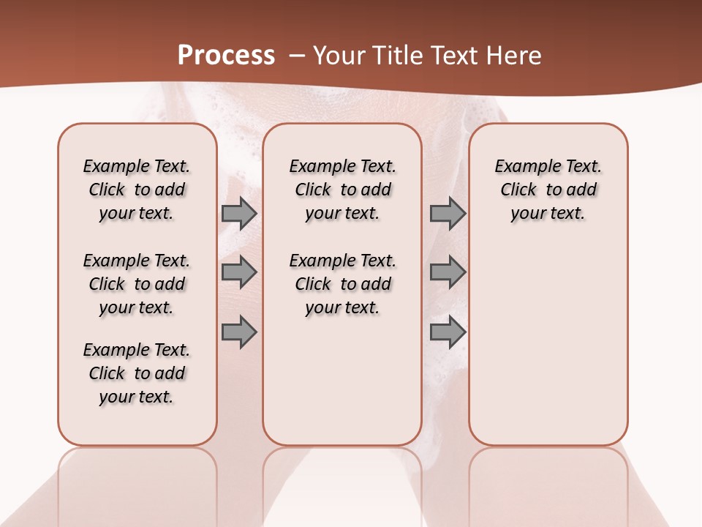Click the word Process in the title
(226, 56)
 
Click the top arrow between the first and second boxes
(239, 214)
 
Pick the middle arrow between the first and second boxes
(239, 273)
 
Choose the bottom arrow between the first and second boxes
(239, 332)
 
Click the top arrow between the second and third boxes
(448, 214)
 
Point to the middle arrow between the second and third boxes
(448, 273)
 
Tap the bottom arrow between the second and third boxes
(448, 332)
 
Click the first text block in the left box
(137, 190)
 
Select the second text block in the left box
(137, 284)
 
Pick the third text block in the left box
(137, 373)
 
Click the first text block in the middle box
(342, 190)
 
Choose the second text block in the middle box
(342, 284)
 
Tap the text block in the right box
(548, 190)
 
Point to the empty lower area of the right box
(548, 344)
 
